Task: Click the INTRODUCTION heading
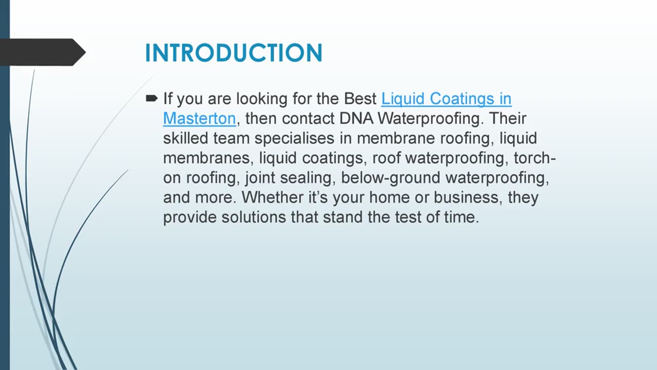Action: (234, 53)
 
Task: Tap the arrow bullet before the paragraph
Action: (151, 98)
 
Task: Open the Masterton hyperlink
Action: (199, 119)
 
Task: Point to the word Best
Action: (360, 99)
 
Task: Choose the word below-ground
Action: (391, 178)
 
